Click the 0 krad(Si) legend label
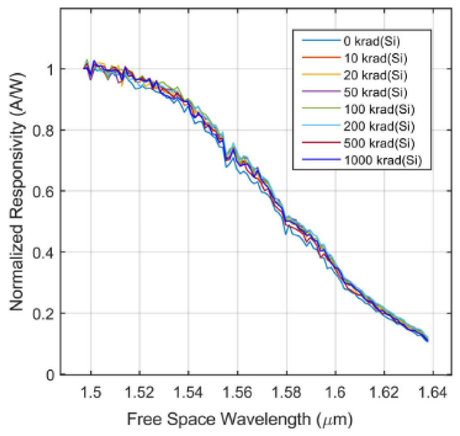(x=372, y=41)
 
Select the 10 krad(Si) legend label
(x=375, y=58)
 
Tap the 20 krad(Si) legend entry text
(x=375, y=75)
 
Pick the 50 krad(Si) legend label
(x=375, y=92)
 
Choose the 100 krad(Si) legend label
(x=379, y=109)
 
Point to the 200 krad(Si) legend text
(x=379, y=126)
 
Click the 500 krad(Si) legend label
(x=379, y=143)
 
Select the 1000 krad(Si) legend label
(x=383, y=160)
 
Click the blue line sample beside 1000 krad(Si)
(x=321, y=159)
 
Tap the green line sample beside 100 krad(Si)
(x=321, y=108)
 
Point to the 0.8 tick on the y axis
(x=43, y=131)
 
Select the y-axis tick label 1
(x=50, y=70)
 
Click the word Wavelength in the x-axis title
(x=266, y=420)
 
